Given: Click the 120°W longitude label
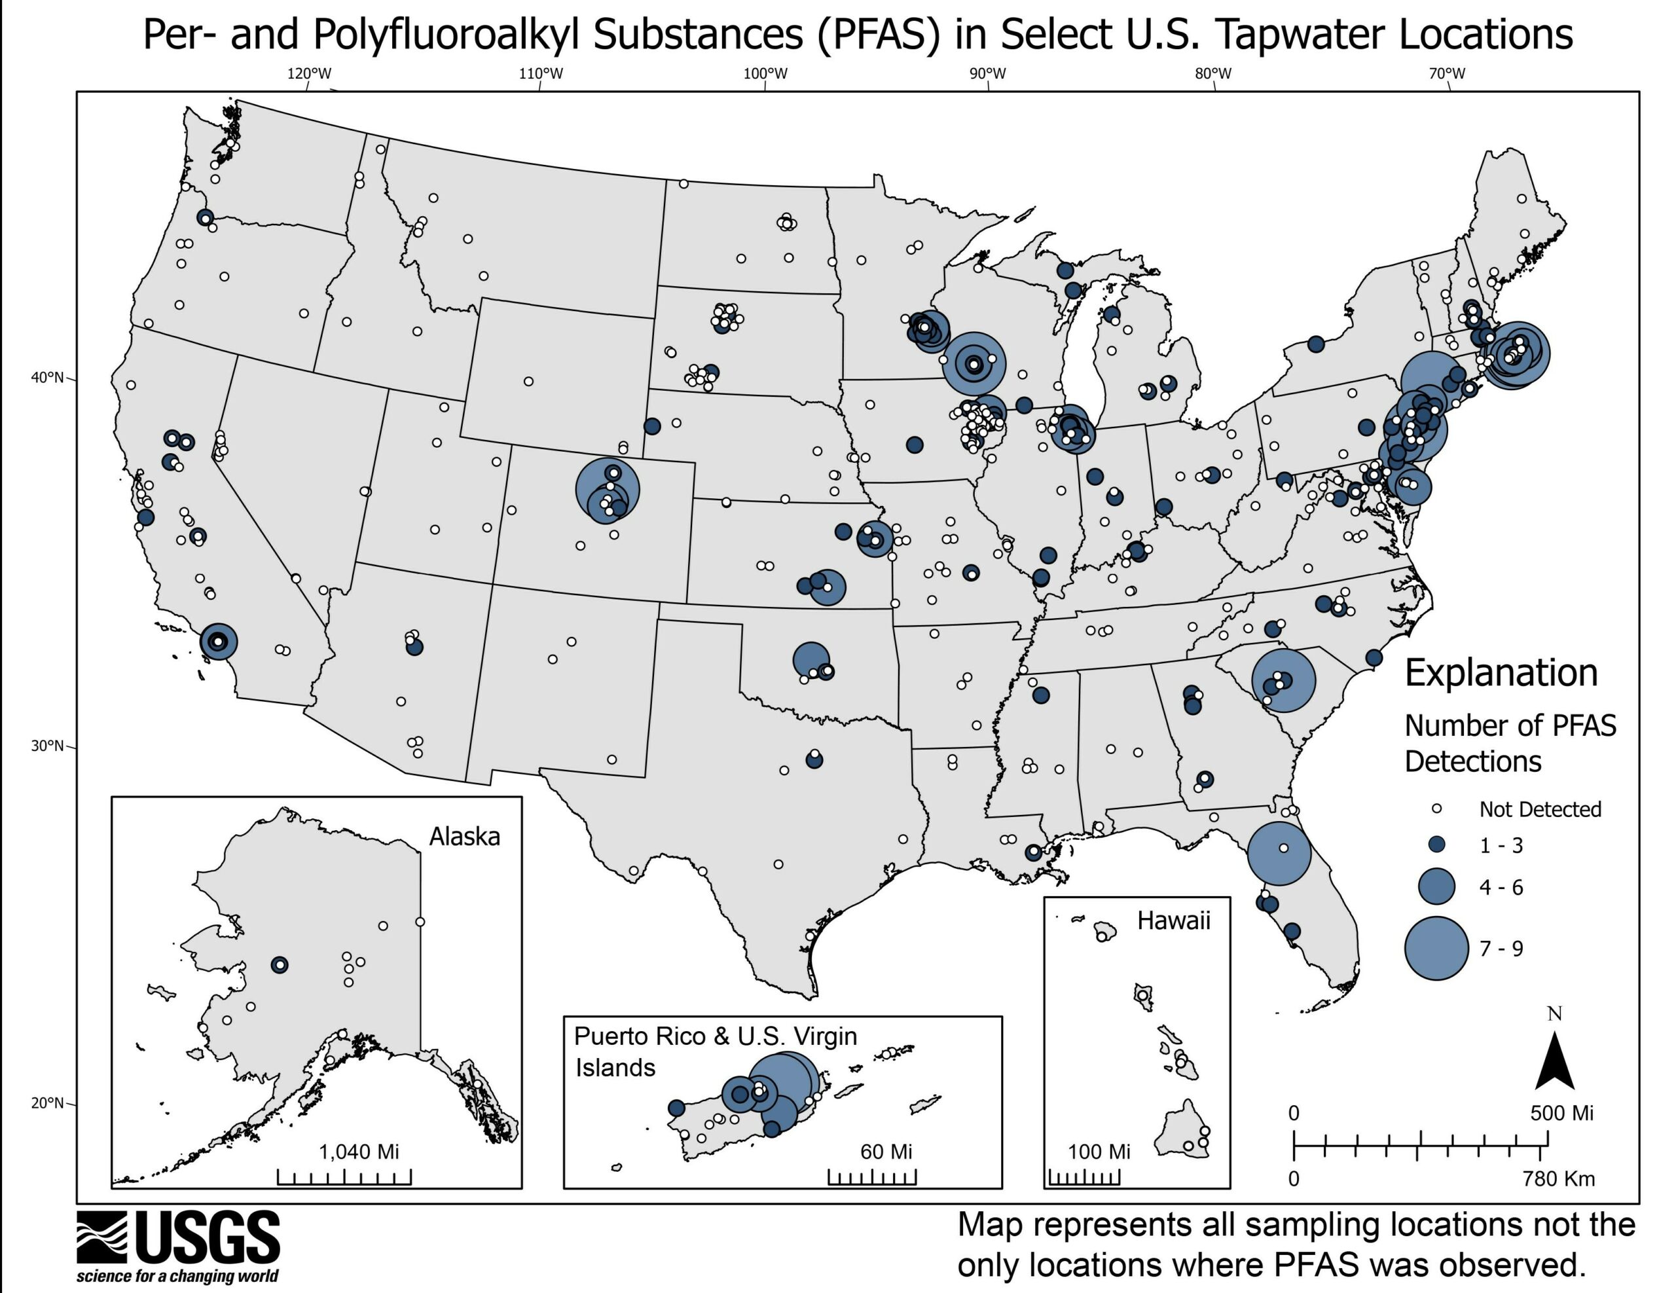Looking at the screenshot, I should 309,74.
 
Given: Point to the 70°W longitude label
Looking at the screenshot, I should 1447,74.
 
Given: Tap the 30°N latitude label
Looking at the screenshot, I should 48,745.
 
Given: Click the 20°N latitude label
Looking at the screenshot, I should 48,1102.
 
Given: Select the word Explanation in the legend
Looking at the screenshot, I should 1501,673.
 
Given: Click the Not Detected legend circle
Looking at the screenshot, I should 1437,809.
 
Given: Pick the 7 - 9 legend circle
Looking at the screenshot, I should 1436,948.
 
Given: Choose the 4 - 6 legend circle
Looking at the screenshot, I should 1436,886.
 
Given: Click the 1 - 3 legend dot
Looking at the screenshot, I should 1436,845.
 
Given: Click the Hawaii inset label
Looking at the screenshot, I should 1173,920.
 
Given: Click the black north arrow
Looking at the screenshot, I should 1555,1063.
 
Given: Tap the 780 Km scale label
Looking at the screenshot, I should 1559,1178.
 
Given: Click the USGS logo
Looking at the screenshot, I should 178,1247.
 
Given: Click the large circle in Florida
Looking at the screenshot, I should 1279,853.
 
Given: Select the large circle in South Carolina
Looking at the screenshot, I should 1283,680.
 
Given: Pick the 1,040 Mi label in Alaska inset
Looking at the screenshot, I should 358,1151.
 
